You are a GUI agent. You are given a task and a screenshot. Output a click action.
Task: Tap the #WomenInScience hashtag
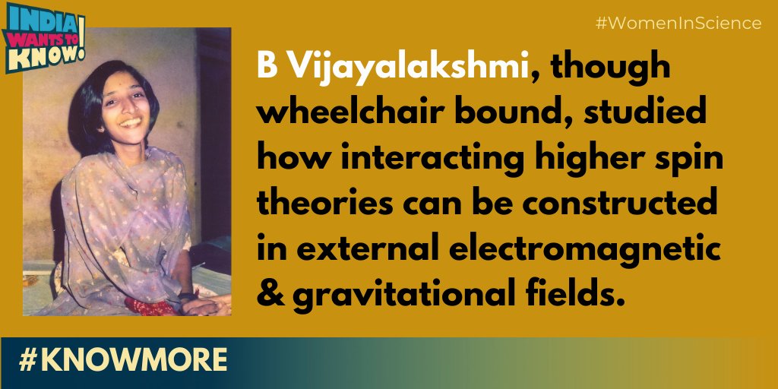click(x=678, y=24)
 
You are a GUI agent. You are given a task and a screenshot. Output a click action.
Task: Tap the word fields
click(x=572, y=292)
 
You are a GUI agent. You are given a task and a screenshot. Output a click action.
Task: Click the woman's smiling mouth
click(x=130, y=122)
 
